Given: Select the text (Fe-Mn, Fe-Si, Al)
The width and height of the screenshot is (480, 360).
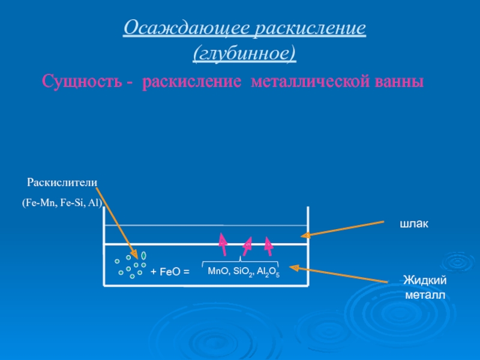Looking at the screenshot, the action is click(x=62, y=203).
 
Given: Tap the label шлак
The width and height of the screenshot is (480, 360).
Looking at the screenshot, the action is click(x=415, y=224).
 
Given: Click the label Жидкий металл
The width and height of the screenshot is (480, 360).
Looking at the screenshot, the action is click(x=424, y=287).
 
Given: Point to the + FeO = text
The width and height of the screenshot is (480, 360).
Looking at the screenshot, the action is click(x=170, y=272).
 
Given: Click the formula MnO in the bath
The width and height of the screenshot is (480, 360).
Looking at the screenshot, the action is click(x=218, y=271).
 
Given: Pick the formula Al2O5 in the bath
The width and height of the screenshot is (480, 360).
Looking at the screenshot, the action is click(x=268, y=272).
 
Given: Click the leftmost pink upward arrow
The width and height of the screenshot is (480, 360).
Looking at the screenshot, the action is click(x=223, y=242).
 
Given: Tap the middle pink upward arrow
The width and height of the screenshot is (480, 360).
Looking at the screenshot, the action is click(x=247, y=244).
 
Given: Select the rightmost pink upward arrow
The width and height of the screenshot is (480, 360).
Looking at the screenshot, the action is click(x=269, y=243).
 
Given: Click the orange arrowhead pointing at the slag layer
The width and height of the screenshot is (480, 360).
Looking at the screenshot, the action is click(x=305, y=235).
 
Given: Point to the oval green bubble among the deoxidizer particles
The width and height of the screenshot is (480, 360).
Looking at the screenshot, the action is click(x=144, y=255).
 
